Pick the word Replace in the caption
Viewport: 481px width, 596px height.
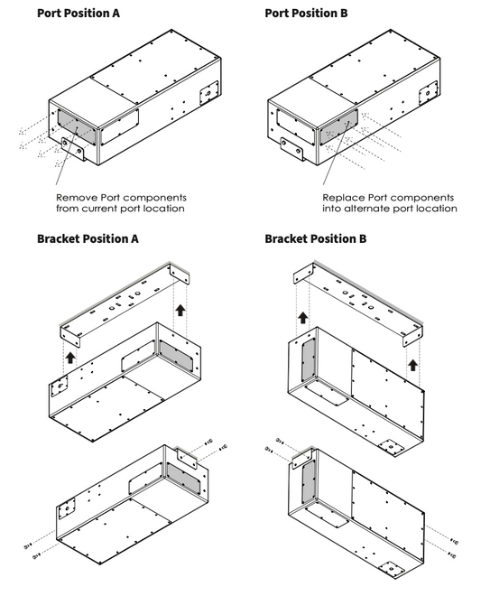[x=343, y=196]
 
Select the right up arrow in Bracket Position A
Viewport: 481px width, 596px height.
[x=180, y=312]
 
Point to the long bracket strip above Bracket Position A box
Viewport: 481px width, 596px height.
[x=122, y=303]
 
